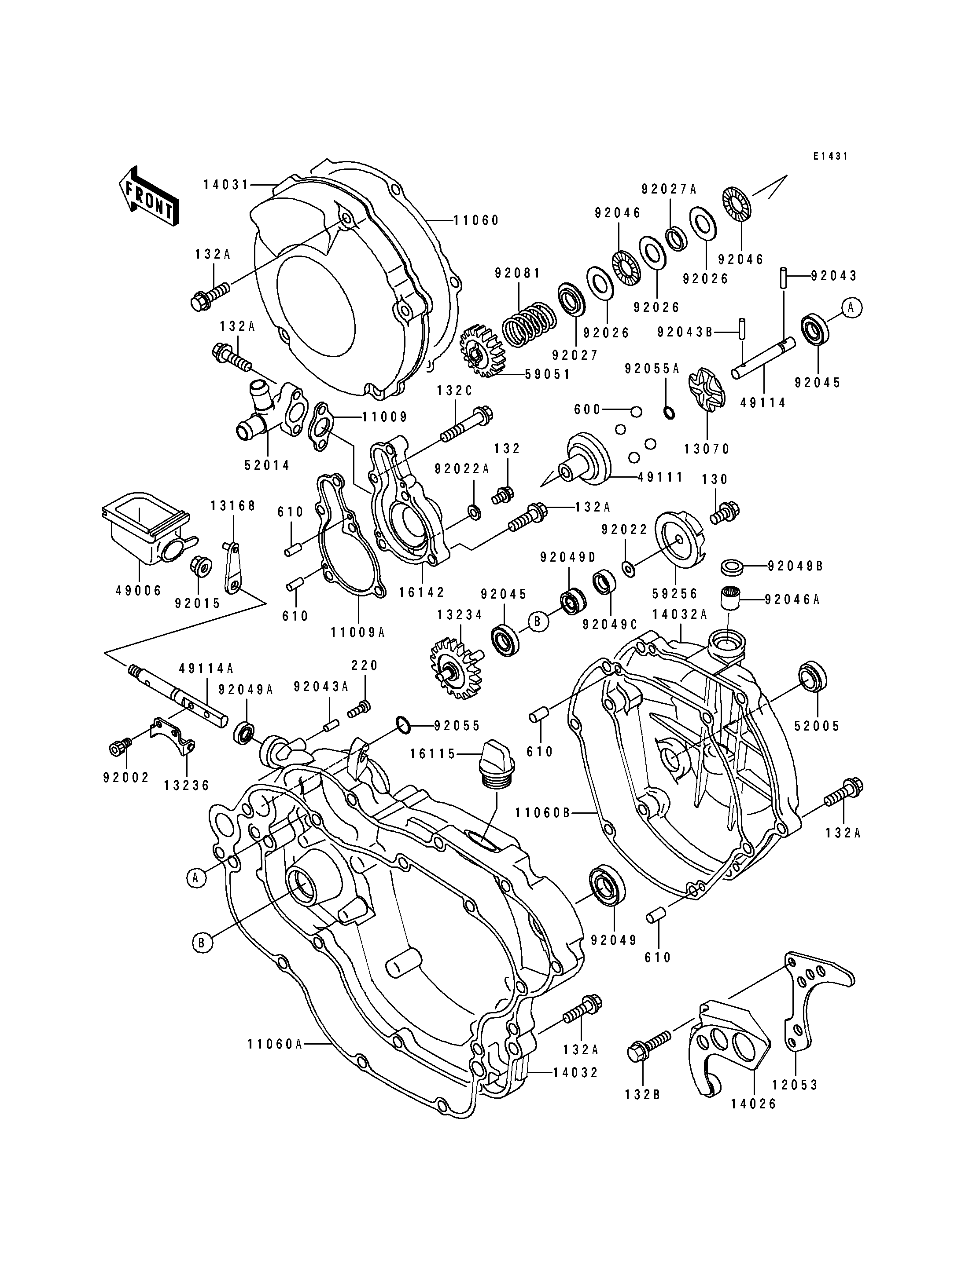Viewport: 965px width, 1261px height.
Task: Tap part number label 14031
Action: pyautogui.click(x=226, y=185)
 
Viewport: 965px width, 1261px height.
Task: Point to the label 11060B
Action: pyautogui.click(x=542, y=813)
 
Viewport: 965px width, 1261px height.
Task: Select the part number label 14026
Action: pyautogui.click(x=753, y=1103)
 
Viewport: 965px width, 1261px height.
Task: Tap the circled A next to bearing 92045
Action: pyautogui.click(x=852, y=308)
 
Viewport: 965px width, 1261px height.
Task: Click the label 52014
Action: pyautogui.click(x=267, y=465)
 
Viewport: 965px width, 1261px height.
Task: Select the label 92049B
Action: pyautogui.click(x=796, y=566)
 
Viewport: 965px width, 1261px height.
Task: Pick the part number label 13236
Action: pyautogui.click(x=187, y=786)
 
